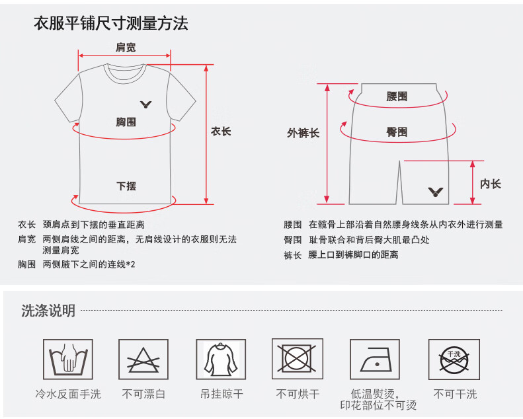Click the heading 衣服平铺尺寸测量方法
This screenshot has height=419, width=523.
coord(110,24)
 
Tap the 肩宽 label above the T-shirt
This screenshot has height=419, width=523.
coord(126,48)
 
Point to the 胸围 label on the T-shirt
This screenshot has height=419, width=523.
coord(126,122)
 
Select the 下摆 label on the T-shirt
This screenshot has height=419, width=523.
coord(126,186)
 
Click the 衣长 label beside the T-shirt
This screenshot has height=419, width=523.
coord(221,132)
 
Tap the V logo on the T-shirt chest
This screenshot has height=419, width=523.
coord(145,104)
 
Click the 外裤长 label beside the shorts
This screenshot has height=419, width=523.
coord(303,133)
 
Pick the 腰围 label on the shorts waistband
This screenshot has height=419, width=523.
coord(397,96)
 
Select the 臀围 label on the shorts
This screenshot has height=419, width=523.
coord(397,132)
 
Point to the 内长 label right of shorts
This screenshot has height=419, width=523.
coord(491,184)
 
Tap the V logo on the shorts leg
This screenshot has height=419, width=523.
coord(435,192)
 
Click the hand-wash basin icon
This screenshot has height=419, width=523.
coord(68,360)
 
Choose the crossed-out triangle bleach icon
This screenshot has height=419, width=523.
coord(143,360)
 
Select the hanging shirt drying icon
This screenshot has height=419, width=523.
coord(221,360)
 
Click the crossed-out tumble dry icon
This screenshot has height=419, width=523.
coord(298,359)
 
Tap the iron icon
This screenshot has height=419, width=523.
coord(375,360)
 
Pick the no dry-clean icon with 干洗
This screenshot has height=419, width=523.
coord(454,360)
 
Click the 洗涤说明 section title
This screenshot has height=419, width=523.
coord(48,311)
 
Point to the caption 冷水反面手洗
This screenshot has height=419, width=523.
coord(68,395)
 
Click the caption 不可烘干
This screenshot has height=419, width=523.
coord(298,395)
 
